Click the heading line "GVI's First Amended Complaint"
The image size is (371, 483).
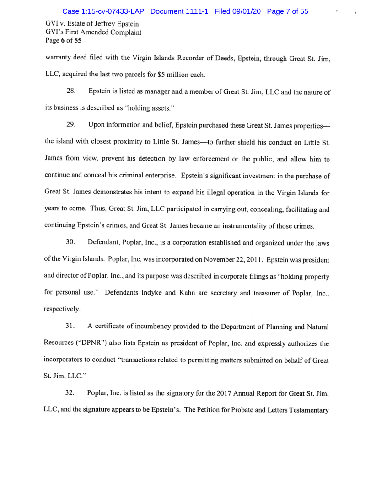[x=93, y=32]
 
